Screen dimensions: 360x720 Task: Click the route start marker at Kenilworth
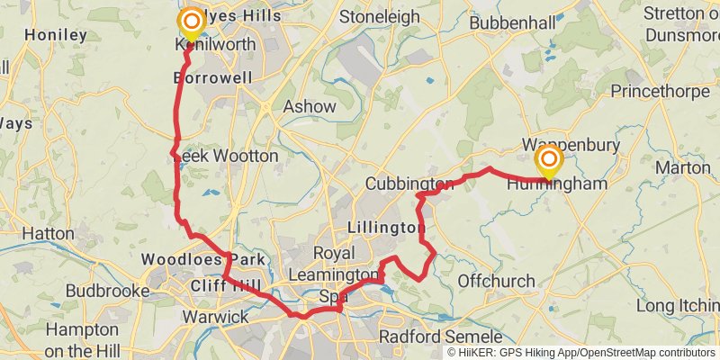pyautogui.click(x=192, y=22)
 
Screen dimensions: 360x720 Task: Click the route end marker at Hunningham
pyautogui.click(x=548, y=162)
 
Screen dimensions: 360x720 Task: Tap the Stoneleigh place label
pyautogui.click(x=379, y=16)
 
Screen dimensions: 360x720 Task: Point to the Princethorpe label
pyautogui.click(x=661, y=91)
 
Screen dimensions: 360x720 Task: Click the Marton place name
pyautogui.click(x=683, y=167)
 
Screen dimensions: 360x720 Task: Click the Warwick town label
pyautogui.click(x=215, y=317)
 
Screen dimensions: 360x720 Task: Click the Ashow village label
pyautogui.click(x=310, y=106)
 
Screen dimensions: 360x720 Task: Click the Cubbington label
pyautogui.click(x=409, y=184)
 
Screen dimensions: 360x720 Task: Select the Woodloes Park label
pyautogui.click(x=202, y=260)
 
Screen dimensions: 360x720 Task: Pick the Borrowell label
pyautogui.click(x=212, y=78)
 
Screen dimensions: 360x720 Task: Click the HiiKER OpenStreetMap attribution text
pyautogui.click(x=581, y=353)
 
